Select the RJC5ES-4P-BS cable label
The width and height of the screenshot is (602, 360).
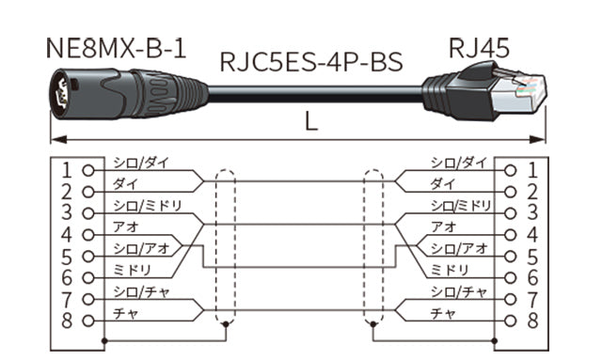point(310,62)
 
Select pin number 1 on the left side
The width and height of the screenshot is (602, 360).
point(66,171)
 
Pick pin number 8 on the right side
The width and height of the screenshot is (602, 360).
point(532,321)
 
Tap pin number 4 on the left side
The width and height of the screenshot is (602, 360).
point(66,235)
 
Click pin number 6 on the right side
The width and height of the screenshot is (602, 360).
point(532,278)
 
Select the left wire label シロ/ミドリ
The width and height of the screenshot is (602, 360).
point(146,205)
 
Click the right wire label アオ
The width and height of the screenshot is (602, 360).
point(444,227)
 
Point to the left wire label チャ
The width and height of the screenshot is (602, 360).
point(125,312)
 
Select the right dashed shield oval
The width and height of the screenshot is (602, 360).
point(373,249)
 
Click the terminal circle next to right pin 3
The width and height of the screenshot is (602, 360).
point(511,214)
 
